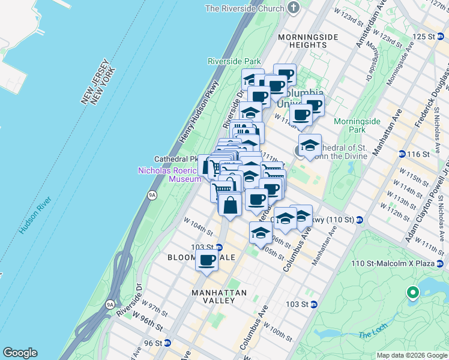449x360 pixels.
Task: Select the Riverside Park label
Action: [234, 61]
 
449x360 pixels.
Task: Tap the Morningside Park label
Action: [357, 125]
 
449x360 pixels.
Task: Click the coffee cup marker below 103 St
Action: [207, 261]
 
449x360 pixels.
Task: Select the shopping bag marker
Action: [231, 205]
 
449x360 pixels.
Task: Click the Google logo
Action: [20, 353]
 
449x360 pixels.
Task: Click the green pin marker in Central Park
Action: [412, 293]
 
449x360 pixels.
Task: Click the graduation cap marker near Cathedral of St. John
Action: [310, 146]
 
